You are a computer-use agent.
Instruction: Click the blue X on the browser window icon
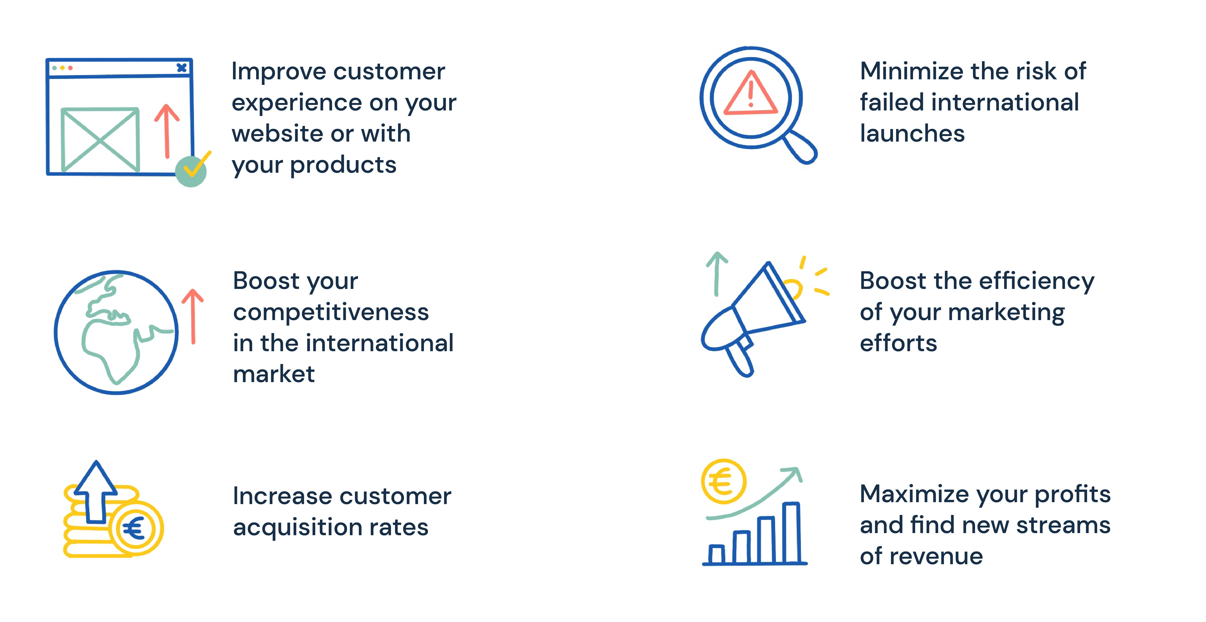(x=182, y=68)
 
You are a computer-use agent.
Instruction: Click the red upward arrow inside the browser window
(x=167, y=131)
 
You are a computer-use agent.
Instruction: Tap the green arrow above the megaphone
(x=716, y=274)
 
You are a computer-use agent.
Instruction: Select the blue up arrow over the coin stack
(x=96, y=492)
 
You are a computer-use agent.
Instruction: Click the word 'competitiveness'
(x=331, y=312)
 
